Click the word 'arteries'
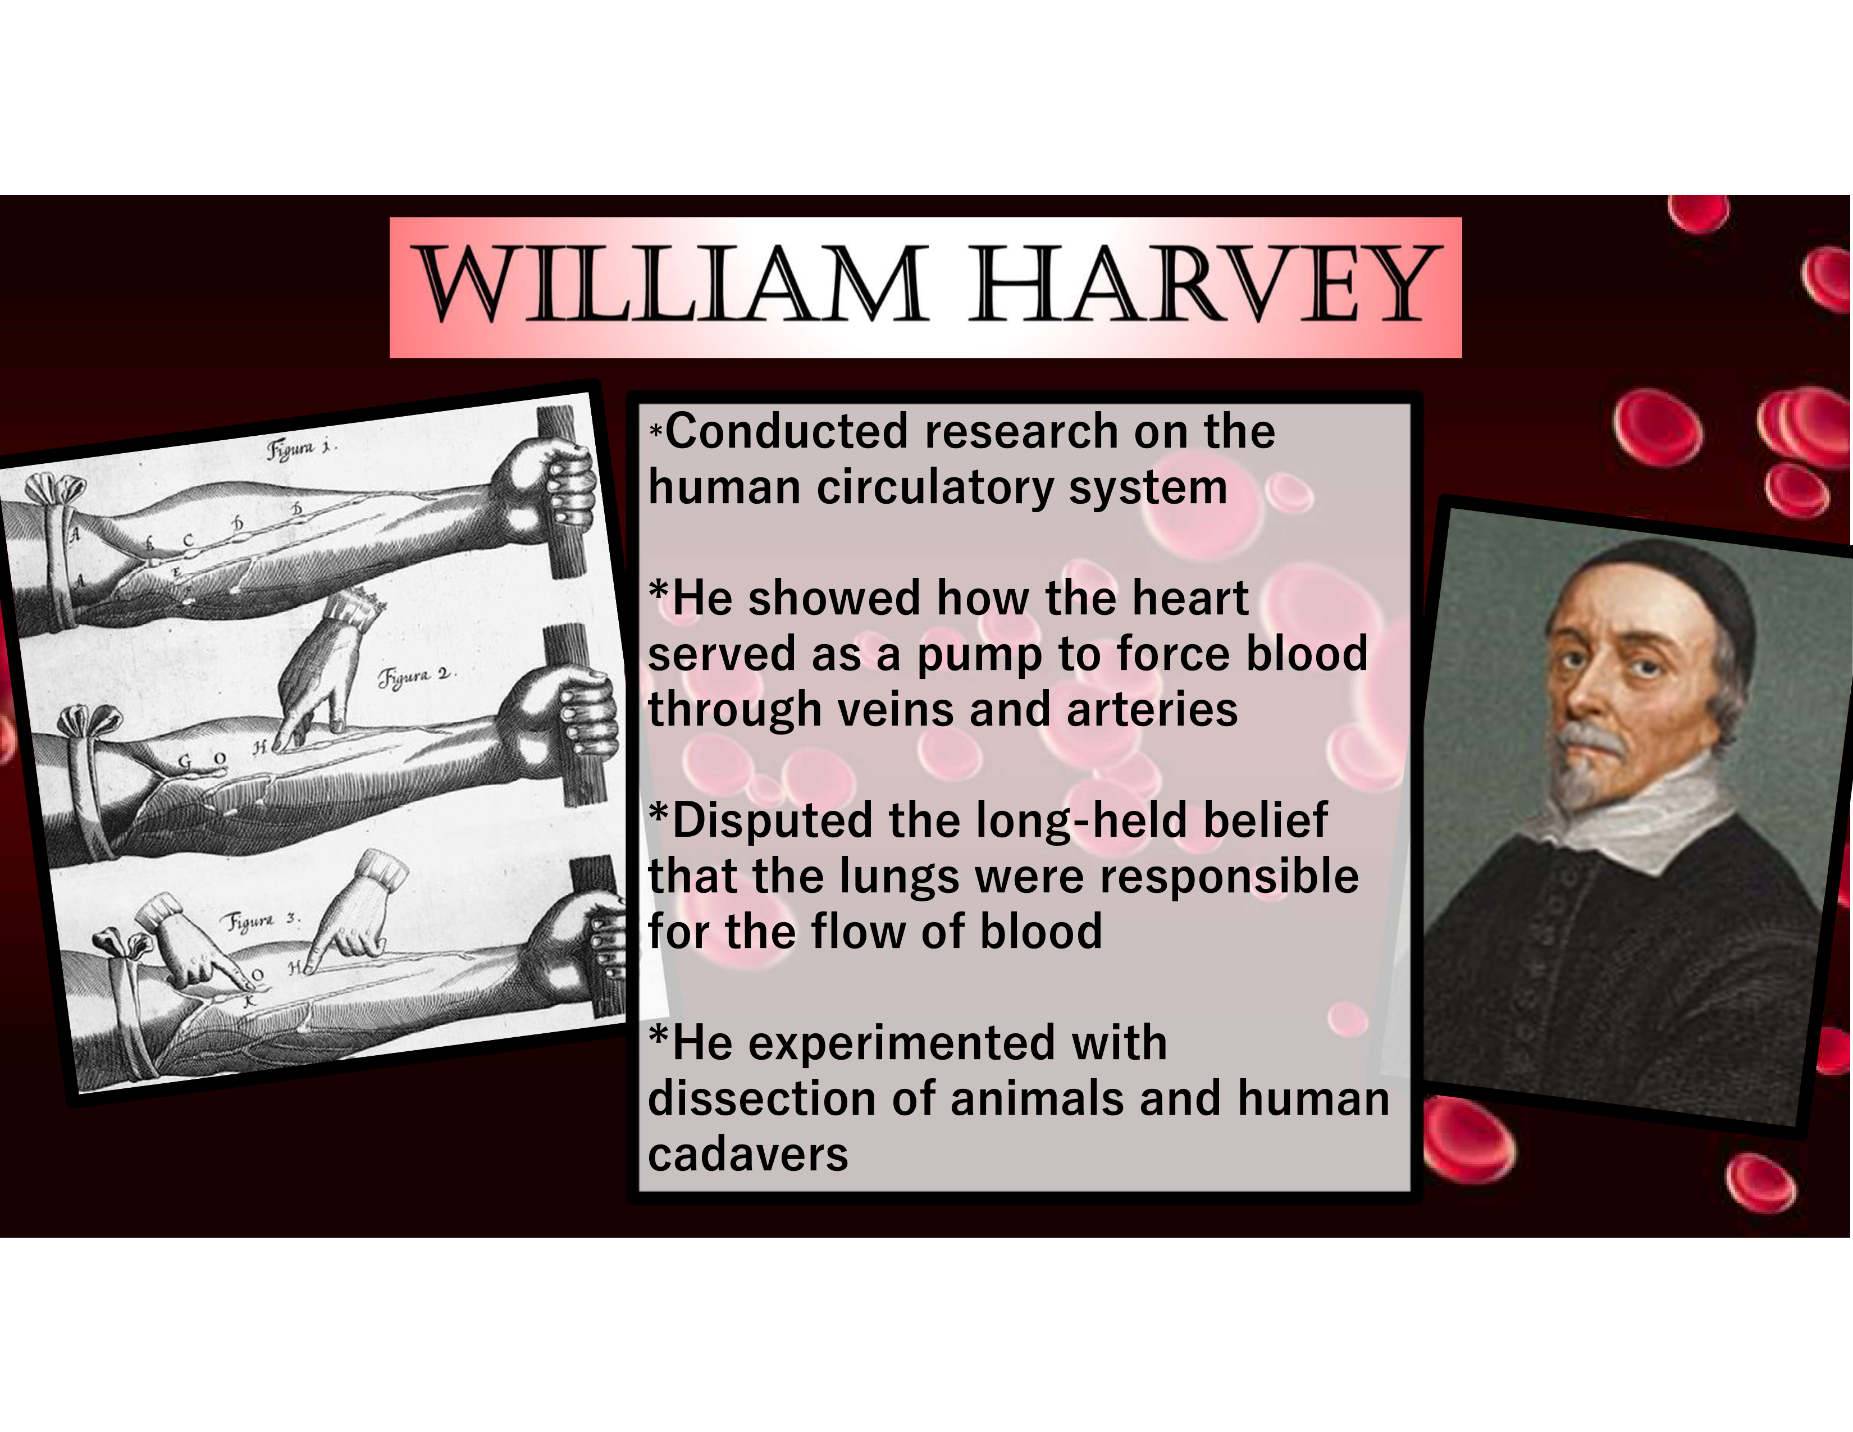coord(1151,709)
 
